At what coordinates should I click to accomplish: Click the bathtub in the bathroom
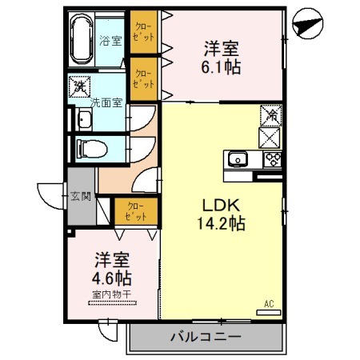point(82,39)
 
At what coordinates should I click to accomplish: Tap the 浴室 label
point(111,40)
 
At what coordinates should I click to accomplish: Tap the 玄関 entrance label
point(81,195)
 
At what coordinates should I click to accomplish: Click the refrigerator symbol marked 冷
point(270,117)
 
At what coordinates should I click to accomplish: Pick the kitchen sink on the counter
point(238,159)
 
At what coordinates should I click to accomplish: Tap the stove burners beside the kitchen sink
point(271,158)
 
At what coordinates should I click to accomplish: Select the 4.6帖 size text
point(113,279)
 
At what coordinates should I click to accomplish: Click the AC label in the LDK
point(269,303)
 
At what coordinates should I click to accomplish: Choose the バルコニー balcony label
point(205,338)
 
